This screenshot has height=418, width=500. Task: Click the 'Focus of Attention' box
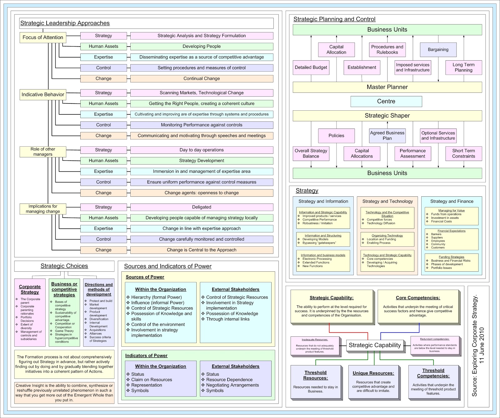pos(43,38)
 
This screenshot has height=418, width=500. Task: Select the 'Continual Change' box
pos(202,79)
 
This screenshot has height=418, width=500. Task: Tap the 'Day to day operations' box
pos(202,150)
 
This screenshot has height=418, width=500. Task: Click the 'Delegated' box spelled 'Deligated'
pos(202,207)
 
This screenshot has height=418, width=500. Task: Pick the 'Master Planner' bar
pos(387,87)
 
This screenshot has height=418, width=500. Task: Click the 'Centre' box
pos(386,101)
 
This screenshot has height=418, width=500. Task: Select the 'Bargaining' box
pos(438,50)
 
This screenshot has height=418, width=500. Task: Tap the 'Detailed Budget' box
pos(311,68)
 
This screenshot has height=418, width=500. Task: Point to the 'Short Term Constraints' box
pos(463,154)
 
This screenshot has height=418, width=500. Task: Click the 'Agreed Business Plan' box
pos(387,136)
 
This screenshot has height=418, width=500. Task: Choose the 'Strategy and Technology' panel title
pos(387,201)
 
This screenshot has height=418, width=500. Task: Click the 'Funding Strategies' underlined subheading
pos(451,257)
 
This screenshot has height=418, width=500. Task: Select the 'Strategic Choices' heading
pos(64,266)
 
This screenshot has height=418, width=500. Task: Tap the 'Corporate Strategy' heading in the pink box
pos(30,289)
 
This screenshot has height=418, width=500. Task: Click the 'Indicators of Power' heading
pos(146,356)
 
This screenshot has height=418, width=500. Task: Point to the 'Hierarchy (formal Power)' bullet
pos(156,297)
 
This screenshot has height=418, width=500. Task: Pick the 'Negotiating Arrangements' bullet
pos(232,385)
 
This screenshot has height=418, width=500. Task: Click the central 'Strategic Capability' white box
pos(375,345)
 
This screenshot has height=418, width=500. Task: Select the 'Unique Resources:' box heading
pos(373,373)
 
